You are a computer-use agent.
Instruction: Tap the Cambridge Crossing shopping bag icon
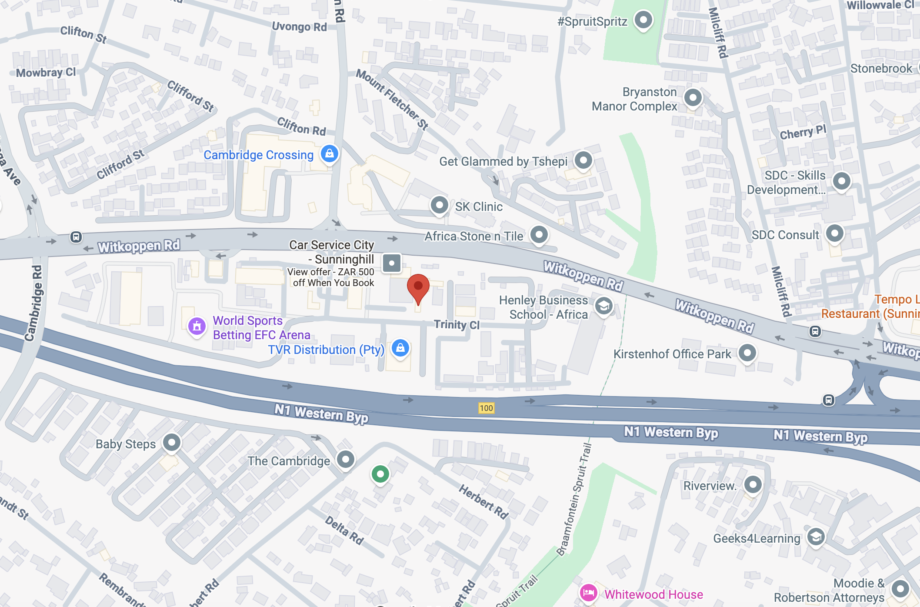point(330,153)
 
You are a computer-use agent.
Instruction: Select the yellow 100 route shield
point(486,408)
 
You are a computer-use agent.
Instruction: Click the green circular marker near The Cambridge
point(380,474)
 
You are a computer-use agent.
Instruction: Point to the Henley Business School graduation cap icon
point(604,307)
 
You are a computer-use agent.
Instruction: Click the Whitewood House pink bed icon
point(589,592)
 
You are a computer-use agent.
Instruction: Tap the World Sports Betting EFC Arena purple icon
point(197,326)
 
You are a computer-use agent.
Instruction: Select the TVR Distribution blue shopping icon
point(400,348)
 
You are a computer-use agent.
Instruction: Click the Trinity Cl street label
point(457,325)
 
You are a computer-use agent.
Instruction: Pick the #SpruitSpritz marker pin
point(643,20)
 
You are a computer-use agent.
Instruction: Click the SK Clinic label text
point(479,207)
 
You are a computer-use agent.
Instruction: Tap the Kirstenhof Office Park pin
point(747,353)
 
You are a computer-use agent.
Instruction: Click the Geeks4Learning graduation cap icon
point(816,537)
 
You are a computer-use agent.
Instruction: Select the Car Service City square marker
point(392,263)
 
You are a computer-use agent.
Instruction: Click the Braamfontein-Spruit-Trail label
point(574,500)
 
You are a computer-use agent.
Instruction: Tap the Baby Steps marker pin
point(172,443)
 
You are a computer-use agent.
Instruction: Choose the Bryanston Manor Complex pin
point(693,97)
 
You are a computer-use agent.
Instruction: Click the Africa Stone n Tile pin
point(539,235)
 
